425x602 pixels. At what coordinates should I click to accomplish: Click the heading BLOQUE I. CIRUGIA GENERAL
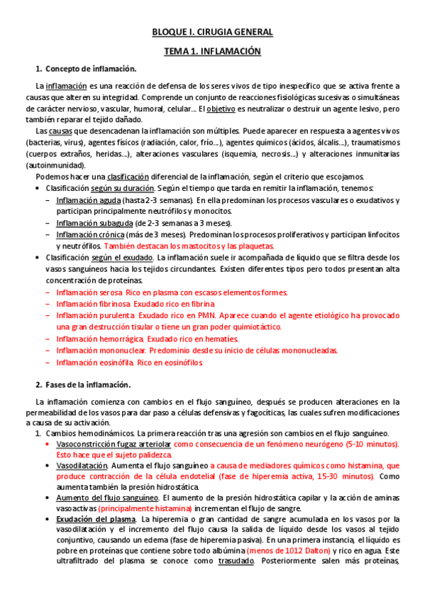tap(212, 33)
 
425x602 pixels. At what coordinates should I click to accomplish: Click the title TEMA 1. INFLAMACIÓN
tap(212, 52)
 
